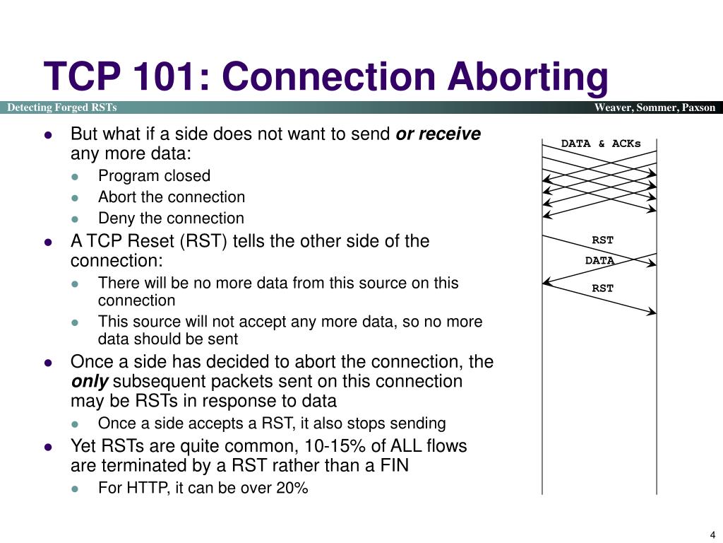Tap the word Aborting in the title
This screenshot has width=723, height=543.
coord(527,77)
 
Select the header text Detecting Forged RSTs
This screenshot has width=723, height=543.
coord(62,107)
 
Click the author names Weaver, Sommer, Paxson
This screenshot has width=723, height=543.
coord(655,107)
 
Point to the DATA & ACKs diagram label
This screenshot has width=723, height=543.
coord(601,144)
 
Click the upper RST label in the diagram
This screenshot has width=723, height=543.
coord(602,240)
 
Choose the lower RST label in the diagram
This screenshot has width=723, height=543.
coord(602,288)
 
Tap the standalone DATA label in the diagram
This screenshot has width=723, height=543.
coord(599,260)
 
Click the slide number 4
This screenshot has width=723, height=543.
coord(713,534)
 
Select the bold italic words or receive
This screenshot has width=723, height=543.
coord(438,134)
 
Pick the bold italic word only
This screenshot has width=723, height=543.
coord(89,382)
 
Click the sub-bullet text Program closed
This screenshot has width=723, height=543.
coord(154,176)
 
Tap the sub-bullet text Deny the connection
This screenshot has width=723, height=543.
coord(171,218)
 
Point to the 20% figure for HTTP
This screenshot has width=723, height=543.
coord(292,487)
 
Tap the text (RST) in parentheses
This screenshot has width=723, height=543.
coord(203,241)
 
